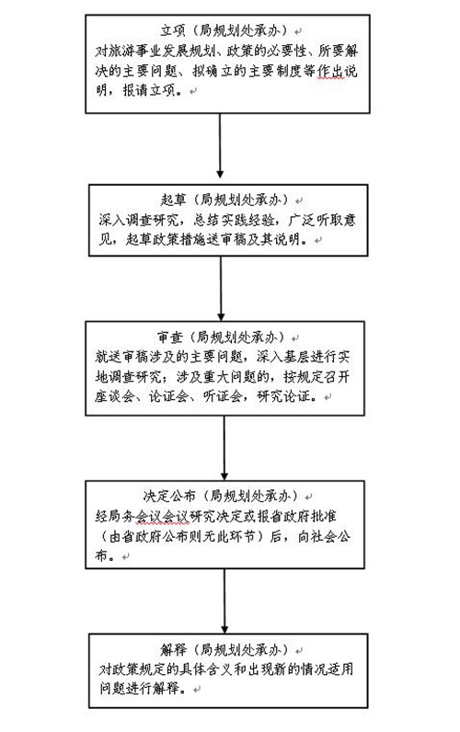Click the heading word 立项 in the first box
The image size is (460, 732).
(x=173, y=31)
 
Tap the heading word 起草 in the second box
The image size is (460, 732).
(x=173, y=200)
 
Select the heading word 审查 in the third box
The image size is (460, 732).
(x=169, y=337)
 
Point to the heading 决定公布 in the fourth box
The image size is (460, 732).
(x=169, y=496)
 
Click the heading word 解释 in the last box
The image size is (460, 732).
(x=173, y=649)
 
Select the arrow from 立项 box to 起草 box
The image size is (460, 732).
(x=220, y=145)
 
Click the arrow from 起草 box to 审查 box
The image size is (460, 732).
(x=221, y=289)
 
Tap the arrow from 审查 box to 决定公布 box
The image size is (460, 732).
(x=224, y=448)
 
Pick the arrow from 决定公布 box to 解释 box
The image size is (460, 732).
(x=224, y=600)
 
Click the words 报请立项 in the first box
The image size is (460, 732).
(x=149, y=90)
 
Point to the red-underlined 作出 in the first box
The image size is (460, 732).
(x=330, y=71)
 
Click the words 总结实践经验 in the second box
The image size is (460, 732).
(x=234, y=220)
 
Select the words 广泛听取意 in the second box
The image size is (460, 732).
(x=322, y=220)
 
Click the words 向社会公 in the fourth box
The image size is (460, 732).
(x=324, y=536)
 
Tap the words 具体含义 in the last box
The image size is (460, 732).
(x=206, y=669)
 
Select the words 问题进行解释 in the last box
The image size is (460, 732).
(x=139, y=688)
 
